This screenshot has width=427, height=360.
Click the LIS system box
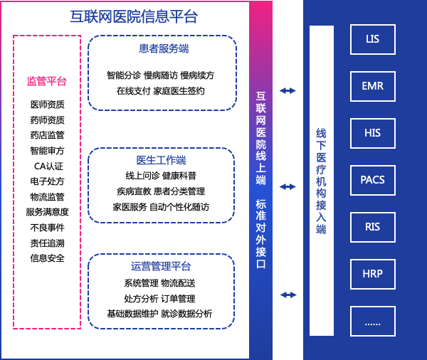[x=373, y=39]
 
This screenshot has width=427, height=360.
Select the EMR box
[x=373, y=86]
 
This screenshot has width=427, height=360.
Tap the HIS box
[x=373, y=133]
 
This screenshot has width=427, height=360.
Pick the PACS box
[x=373, y=180]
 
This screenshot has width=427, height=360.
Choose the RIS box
[x=373, y=227]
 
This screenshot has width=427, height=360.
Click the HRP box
[x=373, y=274]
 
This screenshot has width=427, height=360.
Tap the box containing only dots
[x=373, y=321]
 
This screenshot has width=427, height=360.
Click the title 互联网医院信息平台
[x=134, y=16]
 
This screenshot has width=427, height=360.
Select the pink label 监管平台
[x=47, y=81]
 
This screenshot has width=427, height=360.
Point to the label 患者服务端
[x=164, y=49]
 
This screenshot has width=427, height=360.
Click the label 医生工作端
[x=162, y=160]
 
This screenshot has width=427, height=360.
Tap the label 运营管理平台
[x=161, y=266]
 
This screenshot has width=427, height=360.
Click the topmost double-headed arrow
[x=288, y=90]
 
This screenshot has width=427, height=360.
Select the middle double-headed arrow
[x=288, y=186]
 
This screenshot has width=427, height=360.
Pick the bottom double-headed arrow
[x=288, y=295]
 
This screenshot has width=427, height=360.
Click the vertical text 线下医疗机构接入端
[x=322, y=181]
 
